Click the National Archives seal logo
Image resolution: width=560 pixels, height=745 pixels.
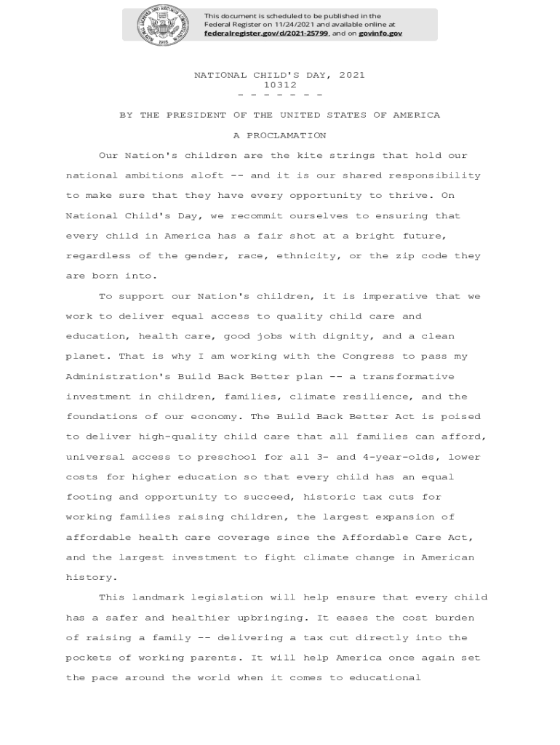click(161, 25)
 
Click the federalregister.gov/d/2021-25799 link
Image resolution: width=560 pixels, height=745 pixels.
click(266, 33)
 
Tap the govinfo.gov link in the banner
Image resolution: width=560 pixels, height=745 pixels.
click(380, 33)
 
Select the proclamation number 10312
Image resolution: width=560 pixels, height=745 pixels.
click(279, 85)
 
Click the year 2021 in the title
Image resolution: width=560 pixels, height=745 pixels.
click(351, 75)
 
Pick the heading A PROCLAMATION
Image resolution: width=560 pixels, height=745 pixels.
click(279, 135)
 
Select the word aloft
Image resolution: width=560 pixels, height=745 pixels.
click(207, 175)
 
